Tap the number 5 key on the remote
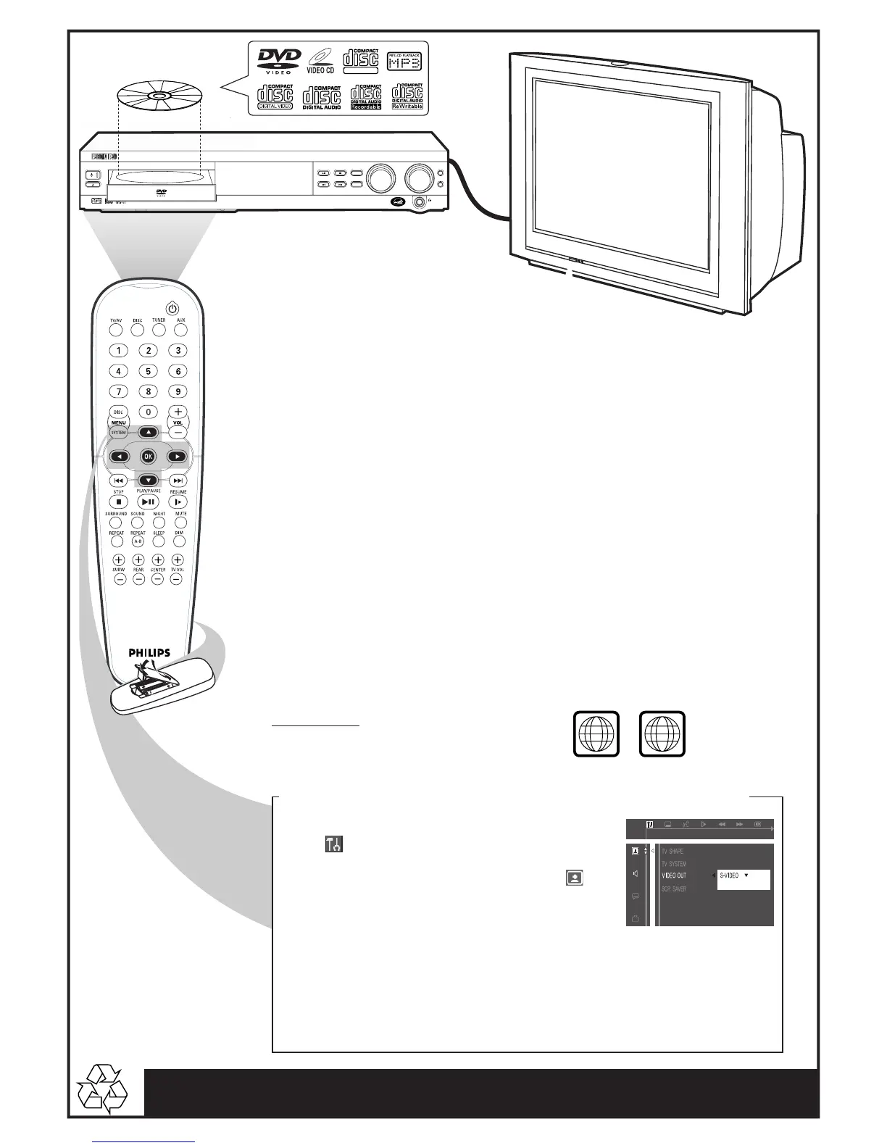pos(149,371)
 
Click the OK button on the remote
pos(148,457)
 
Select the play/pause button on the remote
pos(148,502)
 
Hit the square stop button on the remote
pos(119,502)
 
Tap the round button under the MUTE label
pos(180,523)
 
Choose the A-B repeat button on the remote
pos(138,541)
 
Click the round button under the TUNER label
pos(159,330)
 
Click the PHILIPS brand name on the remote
pos(149,652)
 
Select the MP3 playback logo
pos(404,61)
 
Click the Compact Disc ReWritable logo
pos(407,96)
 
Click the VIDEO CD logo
pos(320,61)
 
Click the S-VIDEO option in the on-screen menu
pos(730,875)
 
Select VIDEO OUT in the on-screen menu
pos(674,875)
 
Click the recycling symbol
pos(101,1089)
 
